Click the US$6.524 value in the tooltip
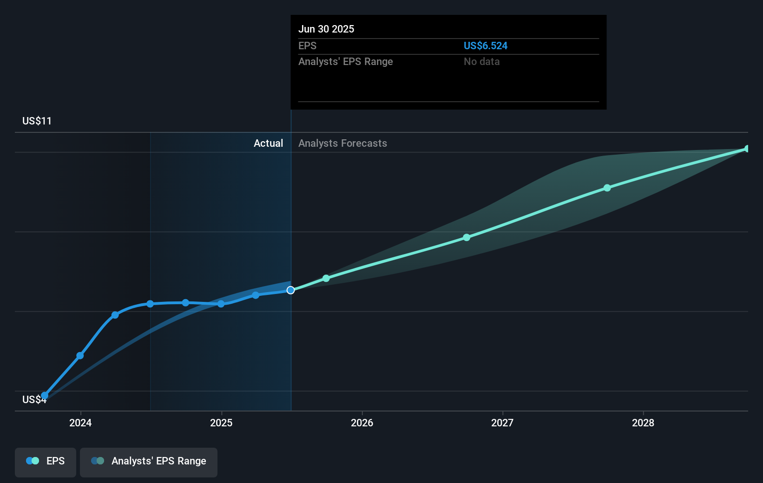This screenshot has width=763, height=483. point(485,46)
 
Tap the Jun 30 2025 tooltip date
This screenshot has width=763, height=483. point(326,29)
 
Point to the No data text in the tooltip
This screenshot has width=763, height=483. point(481,61)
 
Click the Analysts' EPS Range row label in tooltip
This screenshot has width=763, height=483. point(345,61)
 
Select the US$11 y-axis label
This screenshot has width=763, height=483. point(37,121)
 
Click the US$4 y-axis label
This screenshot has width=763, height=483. point(34,400)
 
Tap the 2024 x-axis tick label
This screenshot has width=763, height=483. point(80,423)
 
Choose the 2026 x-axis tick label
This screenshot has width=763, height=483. point(362,423)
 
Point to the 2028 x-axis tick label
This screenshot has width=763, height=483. point(643,423)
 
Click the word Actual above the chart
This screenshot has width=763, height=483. point(268,143)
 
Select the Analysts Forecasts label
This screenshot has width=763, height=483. point(342,143)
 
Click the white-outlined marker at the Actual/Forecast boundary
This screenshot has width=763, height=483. point(290,290)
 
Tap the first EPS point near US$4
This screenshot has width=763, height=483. point(45,396)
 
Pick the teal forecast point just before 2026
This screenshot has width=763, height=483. point(326,278)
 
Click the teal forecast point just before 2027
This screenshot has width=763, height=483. point(467,237)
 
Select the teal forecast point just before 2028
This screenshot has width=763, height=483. point(607,188)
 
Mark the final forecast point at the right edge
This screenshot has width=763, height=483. point(747,149)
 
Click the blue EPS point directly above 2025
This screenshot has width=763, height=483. point(221,304)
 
